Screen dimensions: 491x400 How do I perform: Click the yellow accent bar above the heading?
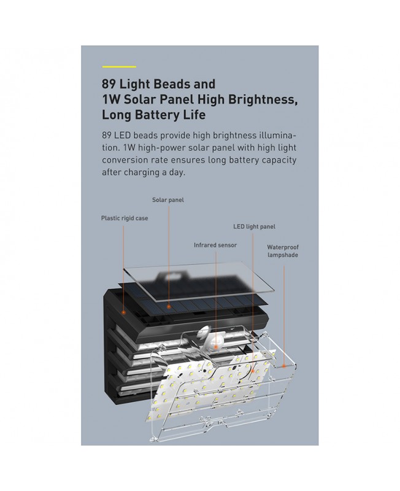coord(119,66)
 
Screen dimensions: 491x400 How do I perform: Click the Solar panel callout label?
coord(167,199)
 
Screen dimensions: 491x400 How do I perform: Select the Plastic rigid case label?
coord(125,218)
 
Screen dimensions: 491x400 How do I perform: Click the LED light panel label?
coord(254,226)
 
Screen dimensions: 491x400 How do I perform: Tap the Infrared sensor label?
coord(215,245)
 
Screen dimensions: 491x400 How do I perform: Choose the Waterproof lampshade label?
coord(282,251)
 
